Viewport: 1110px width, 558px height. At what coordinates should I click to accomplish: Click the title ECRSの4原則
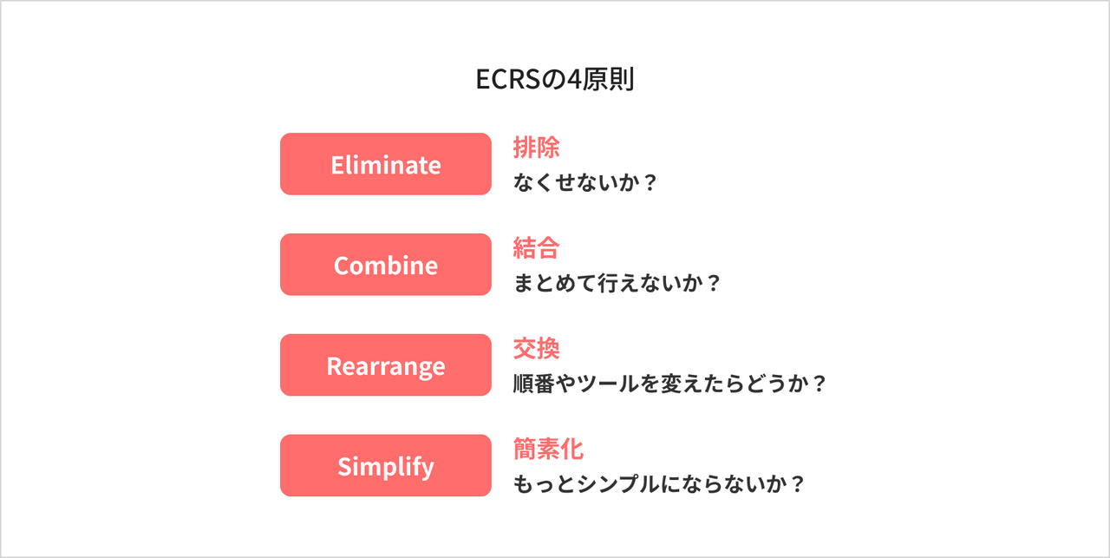click(555, 80)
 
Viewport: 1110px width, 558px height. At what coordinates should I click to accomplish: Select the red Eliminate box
click(386, 164)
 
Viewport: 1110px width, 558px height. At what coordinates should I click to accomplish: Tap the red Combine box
click(386, 265)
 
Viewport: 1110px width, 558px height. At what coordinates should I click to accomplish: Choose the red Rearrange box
click(386, 365)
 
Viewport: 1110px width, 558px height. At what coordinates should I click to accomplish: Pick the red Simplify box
click(386, 466)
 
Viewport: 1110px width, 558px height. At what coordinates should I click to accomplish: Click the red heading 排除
click(536, 148)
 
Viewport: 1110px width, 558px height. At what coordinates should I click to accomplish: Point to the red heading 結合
click(536, 248)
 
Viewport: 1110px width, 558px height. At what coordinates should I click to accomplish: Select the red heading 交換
click(536, 349)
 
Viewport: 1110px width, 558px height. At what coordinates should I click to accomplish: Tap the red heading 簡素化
click(548, 450)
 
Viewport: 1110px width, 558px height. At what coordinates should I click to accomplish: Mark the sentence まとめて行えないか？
click(617, 284)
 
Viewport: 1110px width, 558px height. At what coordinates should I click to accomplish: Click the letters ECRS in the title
click(508, 80)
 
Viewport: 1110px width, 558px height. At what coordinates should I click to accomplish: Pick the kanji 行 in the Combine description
click(608, 284)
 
